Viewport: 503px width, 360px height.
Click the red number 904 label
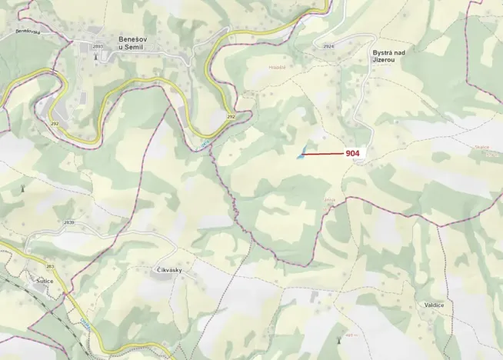click(x=353, y=153)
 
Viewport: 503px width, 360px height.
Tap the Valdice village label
click(x=434, y=305)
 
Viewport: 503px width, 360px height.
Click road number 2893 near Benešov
click(x=97, y=47)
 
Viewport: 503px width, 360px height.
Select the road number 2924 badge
click(x=329, y=47)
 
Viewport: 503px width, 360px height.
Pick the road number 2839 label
click(x=69, y=222)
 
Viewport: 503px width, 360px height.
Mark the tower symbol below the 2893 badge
click(x=96, y=56)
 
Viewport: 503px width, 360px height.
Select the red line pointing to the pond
click(x=323, y=154)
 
